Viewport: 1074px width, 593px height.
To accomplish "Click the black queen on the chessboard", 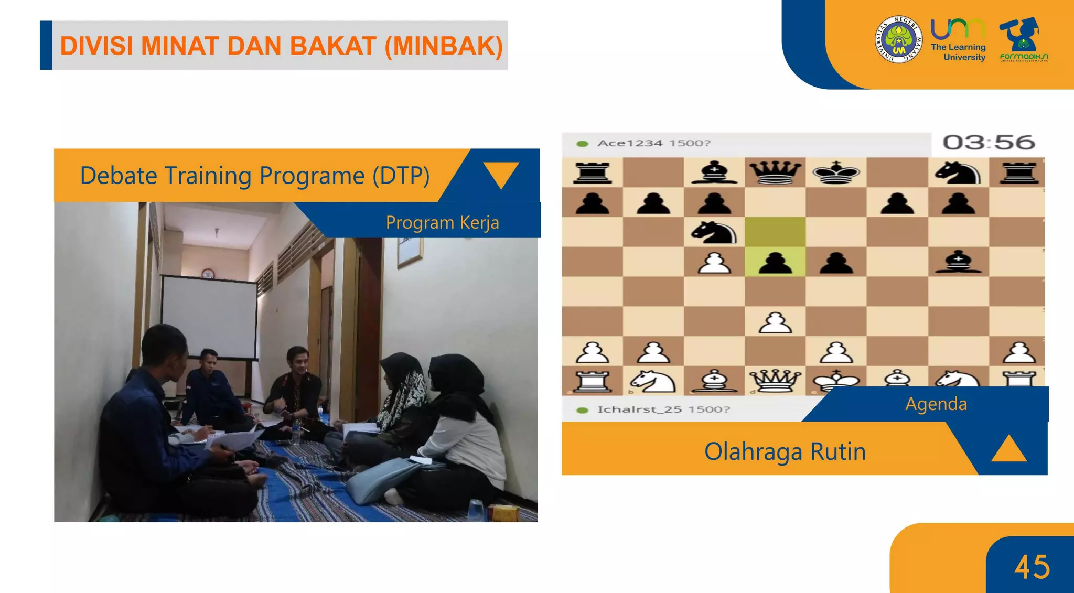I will point(775,172).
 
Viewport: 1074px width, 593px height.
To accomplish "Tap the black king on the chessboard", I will point(836,172).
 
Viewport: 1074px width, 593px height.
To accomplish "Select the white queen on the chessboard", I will point(775,380).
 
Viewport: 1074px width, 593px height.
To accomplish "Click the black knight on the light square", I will point(714,232).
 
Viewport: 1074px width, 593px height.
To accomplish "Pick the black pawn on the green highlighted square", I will point(775,262).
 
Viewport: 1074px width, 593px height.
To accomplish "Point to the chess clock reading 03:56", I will point(989,143).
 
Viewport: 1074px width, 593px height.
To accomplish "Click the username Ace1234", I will point(630,143).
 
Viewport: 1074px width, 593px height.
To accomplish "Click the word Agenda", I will point(936,404).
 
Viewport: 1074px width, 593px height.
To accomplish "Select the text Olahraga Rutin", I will point(785,451).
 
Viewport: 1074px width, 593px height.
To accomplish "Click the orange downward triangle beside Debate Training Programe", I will point(501,174).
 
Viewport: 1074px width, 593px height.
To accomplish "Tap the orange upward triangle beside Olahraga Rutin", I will point(1008,449).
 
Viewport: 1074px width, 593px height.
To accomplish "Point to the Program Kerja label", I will point(442,222).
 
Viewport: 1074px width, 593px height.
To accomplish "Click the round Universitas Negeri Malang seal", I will point(899,39).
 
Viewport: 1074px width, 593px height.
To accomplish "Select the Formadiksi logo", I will point(1023,39).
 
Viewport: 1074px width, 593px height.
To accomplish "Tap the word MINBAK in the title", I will point(443,46).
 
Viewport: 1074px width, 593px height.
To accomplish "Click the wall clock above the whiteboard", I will point(208,273).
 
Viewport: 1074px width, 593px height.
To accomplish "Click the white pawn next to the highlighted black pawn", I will point(714,262).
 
